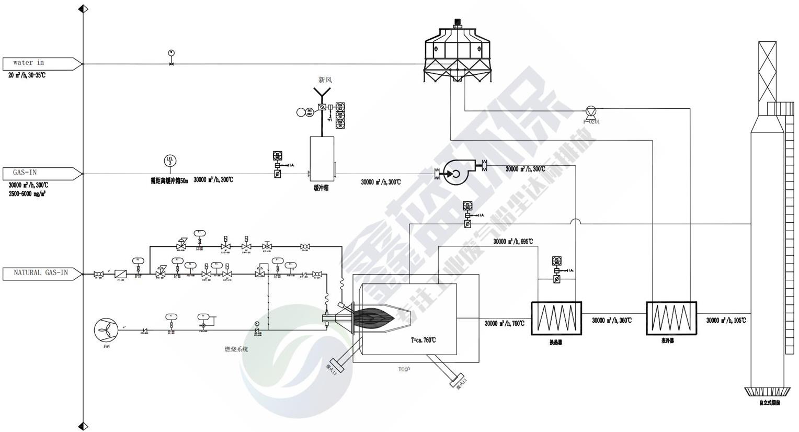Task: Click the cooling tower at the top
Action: click(458, 52)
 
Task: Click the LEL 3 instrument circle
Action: click(170, 161)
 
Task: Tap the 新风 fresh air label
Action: click(325, 80)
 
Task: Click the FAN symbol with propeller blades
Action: click(106, 329)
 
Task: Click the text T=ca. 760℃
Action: click(424, 340)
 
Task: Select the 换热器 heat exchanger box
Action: click(556, 318)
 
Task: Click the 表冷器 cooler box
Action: click(671, 318)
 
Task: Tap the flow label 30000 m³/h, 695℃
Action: click(513, 242)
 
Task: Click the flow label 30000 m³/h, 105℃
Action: click(726, 321)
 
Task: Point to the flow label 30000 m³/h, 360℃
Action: click(611, 321)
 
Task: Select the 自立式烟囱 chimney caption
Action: click(769, 403)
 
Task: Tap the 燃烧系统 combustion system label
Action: click(236, 349)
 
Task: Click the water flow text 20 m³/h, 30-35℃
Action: click(27, 75)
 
